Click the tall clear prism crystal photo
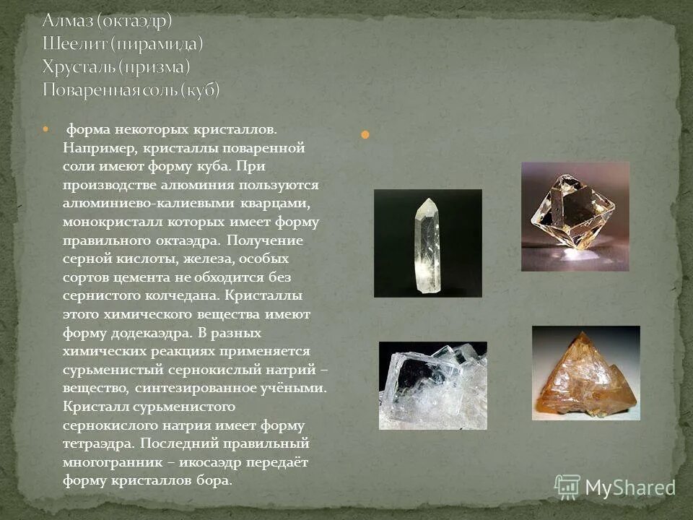coord(427,243)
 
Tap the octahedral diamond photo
coord(575,216)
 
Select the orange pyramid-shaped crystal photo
coord(585,373)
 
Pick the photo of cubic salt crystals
coord(432,385)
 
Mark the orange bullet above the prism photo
coord(365,134)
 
